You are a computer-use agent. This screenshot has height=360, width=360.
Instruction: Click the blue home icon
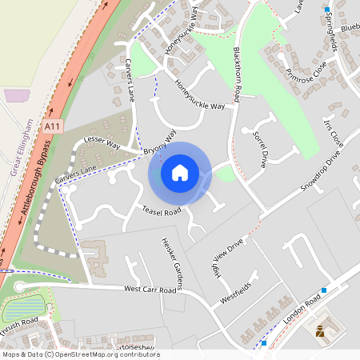click(180, 173)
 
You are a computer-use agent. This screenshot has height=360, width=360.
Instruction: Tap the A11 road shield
click(53, 126)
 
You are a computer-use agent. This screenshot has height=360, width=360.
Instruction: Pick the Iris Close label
click(332, 135)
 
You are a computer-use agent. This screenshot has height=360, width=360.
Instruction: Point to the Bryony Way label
click(160, 143)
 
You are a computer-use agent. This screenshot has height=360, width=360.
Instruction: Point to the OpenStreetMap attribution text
click(80, 354)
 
